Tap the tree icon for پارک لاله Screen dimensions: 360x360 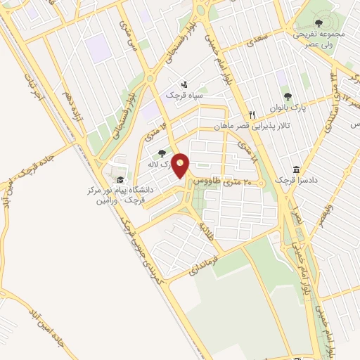pyautogui.click(x=162, y=153)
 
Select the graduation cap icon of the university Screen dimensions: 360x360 pyautogui.click(x=120, y=180)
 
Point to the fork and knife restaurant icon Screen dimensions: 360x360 pyautogui.click(x=251, y=115)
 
